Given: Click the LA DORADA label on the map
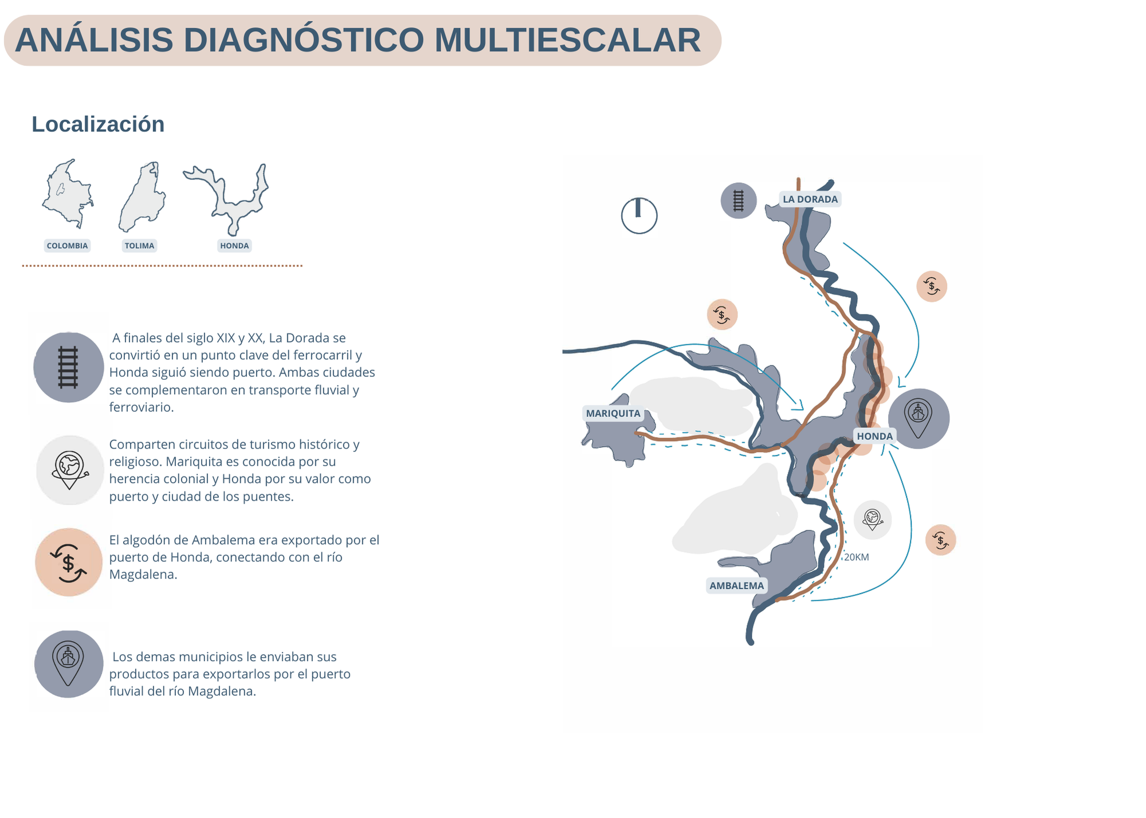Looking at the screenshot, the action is coord(810,199).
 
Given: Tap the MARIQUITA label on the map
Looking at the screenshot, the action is coord(613,414).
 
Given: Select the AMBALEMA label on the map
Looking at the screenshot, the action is coord(737,585).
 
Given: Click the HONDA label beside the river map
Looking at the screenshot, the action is coord(875,436).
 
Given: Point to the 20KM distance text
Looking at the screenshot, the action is coord(857,557).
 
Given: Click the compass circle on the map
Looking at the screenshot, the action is coord(639,216).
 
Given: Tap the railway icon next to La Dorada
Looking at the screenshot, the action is coord(739,200).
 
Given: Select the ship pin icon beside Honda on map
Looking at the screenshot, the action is coord(919,419).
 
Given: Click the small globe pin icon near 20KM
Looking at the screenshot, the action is coord(873,520).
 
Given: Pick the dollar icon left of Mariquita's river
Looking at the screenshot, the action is coord(722,314).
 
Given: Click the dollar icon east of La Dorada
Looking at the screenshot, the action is coord(932,286).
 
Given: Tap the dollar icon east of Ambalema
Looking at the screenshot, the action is coord(941,540).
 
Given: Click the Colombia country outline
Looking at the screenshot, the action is coord(68,194).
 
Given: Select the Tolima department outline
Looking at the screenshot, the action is coord(142,196).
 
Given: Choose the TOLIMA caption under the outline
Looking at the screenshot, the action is coord(139,246).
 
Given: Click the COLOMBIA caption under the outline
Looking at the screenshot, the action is coord(68,246).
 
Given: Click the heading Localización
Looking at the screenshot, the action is coord(98,124).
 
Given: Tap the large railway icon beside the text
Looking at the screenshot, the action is coord(69,367).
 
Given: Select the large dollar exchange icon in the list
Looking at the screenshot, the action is coord(69,562).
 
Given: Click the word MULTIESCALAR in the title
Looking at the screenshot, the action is coord(567,40).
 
